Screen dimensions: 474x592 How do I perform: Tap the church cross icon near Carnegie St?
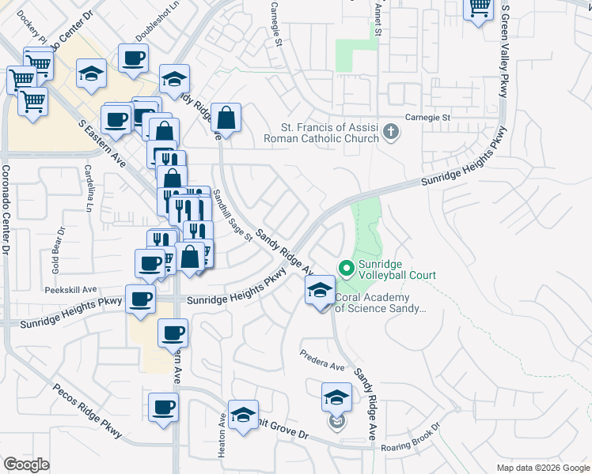pyautogui.click(x=389, y=131)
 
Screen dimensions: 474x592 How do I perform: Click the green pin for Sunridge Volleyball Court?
pyautogui.click(x=346, y=269)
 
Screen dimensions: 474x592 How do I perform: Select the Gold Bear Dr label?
pyautogui.click(x=56, y=250)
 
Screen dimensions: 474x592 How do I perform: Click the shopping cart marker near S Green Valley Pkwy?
pyautogui.click(x=479, y=9)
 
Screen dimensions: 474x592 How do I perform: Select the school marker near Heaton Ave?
pyautogui.click(x=243, y=414)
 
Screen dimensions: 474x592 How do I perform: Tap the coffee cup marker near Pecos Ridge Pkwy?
pyautogui.click(x=163, y=408)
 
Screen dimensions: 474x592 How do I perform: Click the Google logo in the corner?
pyautogui.click(x=26, y=465)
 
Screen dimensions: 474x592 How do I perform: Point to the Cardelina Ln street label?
pyautogui.click(x=89, y=189)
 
